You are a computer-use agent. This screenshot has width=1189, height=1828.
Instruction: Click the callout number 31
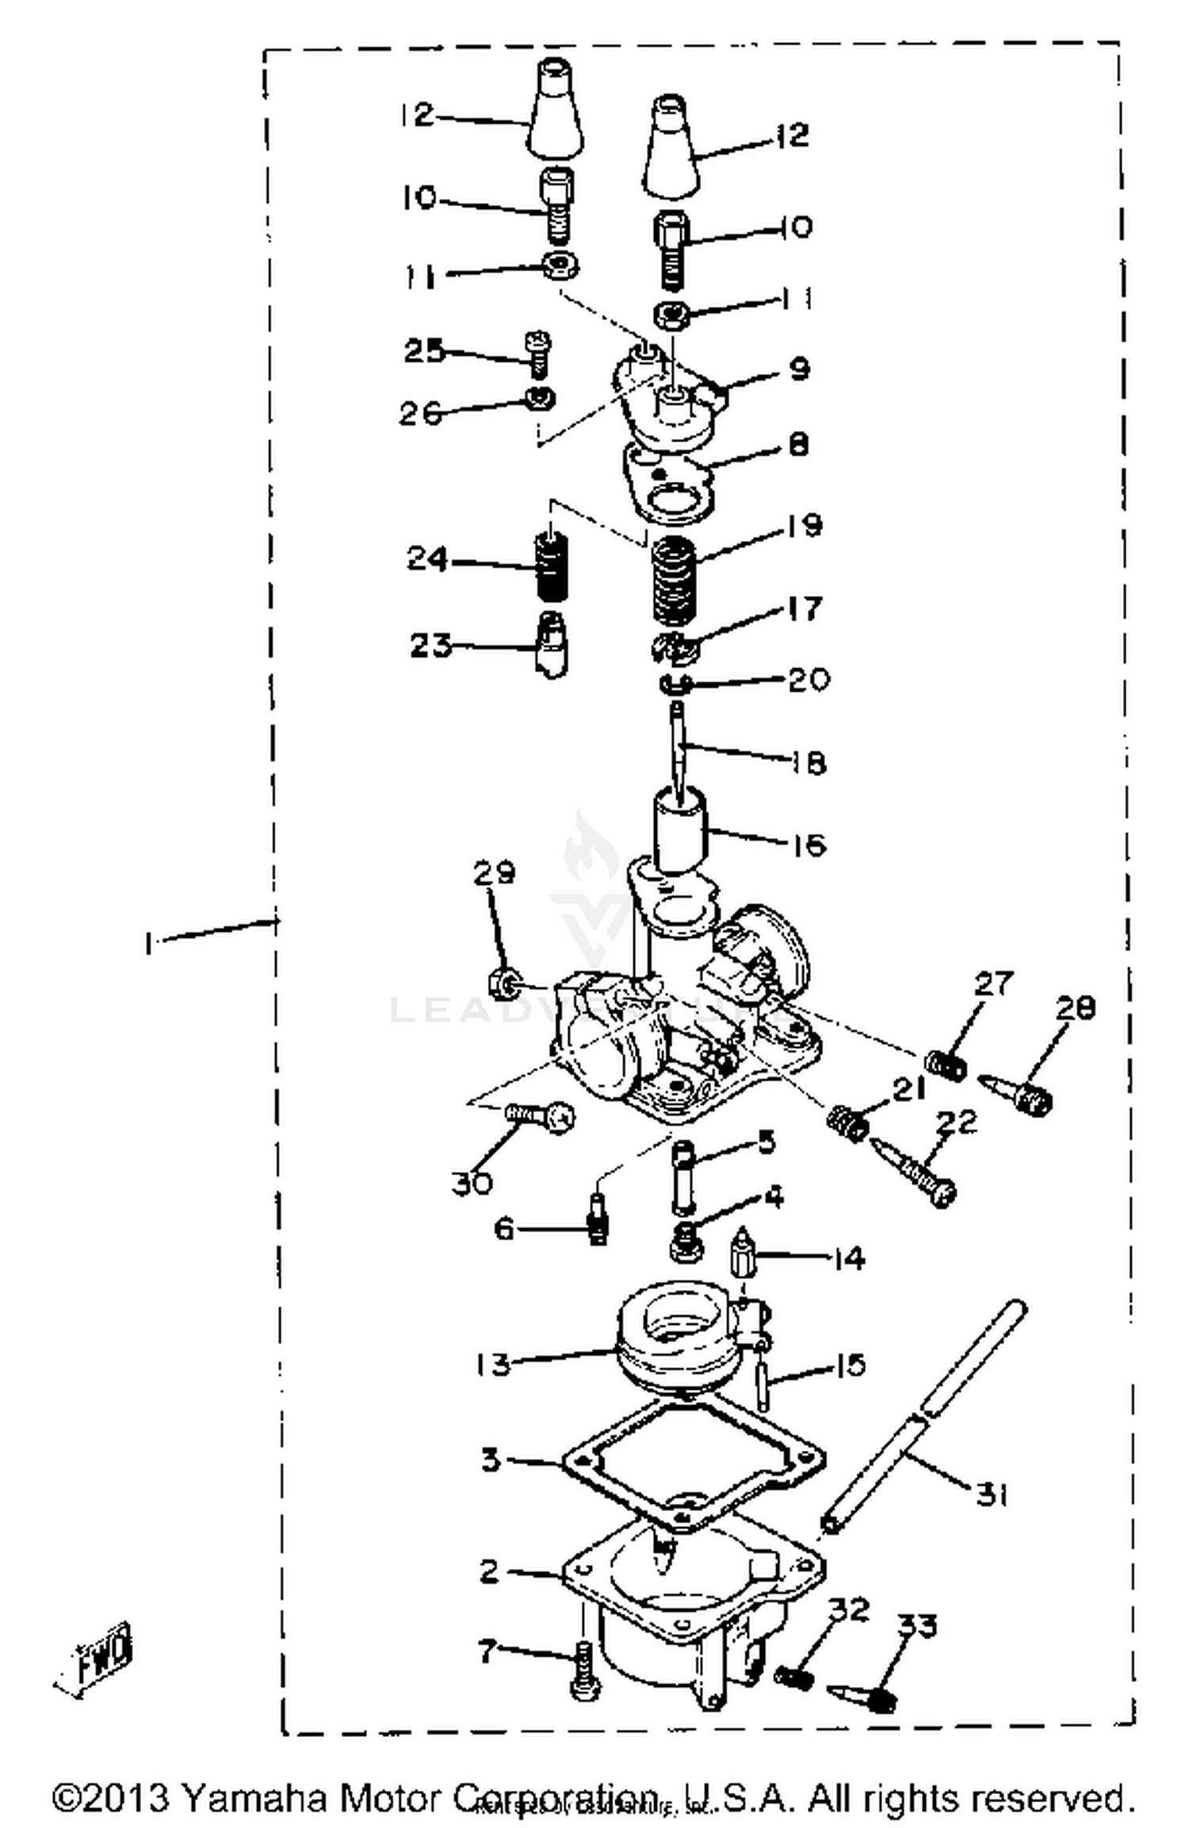(991, 1494)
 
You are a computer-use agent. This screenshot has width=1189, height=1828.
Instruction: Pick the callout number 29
(494, 872)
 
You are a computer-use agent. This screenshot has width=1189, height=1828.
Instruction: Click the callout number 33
(918, 1625)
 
